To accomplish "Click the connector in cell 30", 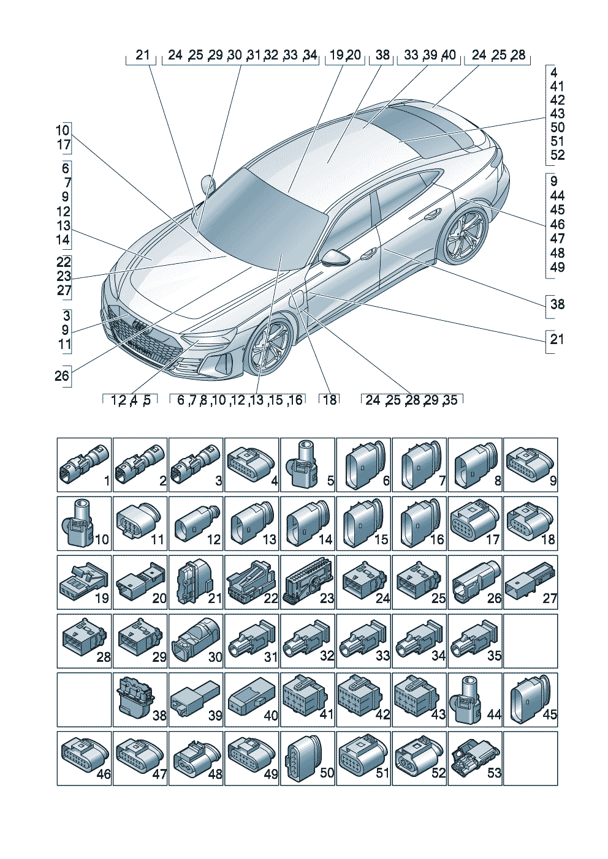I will [197, 637].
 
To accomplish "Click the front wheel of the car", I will [269, 348].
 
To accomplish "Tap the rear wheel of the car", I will [464, 234].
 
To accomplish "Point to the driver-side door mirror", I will [336, 256].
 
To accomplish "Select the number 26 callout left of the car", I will [62, 375].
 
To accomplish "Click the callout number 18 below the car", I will [330, 400].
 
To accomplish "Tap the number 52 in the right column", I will [557, 155].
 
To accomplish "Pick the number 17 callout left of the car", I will [64, 145].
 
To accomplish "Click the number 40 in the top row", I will [449, 55].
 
